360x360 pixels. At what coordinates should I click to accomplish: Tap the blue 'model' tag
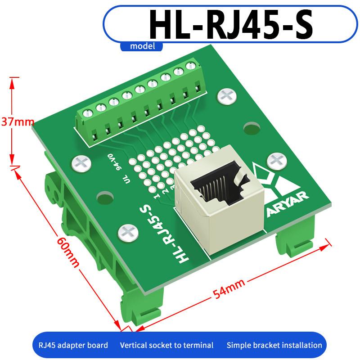tap(143, 46)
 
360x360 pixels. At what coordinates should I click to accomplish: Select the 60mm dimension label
tap(68, 252)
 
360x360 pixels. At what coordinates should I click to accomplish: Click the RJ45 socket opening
tap(216, 186)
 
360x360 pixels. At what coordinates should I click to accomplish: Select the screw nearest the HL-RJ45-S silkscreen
tap(127, 233)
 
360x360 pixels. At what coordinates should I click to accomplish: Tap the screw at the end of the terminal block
tap(226, 95)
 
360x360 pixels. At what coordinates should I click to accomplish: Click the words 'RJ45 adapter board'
tap(70, 345)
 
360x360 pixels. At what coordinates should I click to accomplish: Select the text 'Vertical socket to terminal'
tap(166, 345)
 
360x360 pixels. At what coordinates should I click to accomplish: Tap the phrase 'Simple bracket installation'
tap(274, 345)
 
